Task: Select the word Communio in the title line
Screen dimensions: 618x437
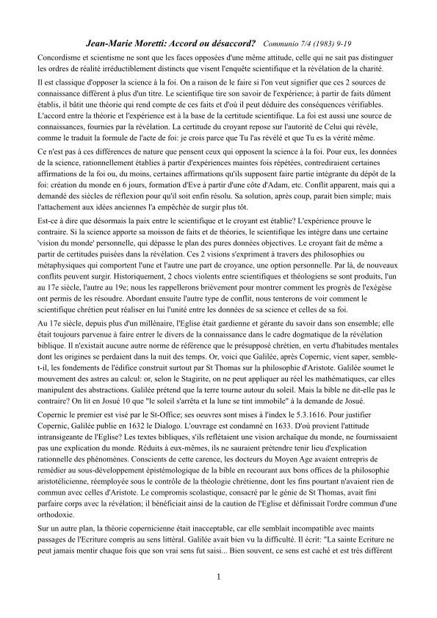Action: point(280,44)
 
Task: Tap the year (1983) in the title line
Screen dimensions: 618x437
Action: point(322,44)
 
